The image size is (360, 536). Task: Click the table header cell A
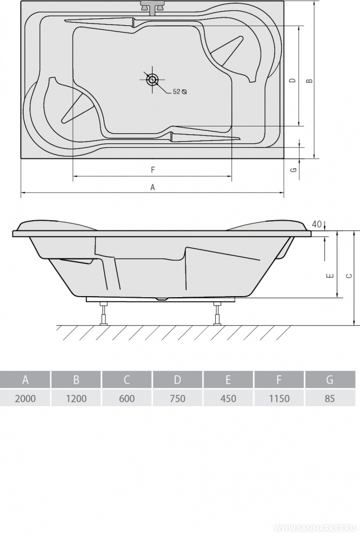click(25, 380)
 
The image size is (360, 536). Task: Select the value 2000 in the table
click(25, 398)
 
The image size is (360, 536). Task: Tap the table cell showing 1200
click(76, 398)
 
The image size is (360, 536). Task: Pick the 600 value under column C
click(127, 398)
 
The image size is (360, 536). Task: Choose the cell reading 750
click(177, 398)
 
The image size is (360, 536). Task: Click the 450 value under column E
click(228, 398)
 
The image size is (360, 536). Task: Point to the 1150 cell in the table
click(279, 398)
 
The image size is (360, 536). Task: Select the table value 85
click(330, 398)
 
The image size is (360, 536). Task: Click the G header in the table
click(330, 380)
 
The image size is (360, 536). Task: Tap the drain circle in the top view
click(152, 80)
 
